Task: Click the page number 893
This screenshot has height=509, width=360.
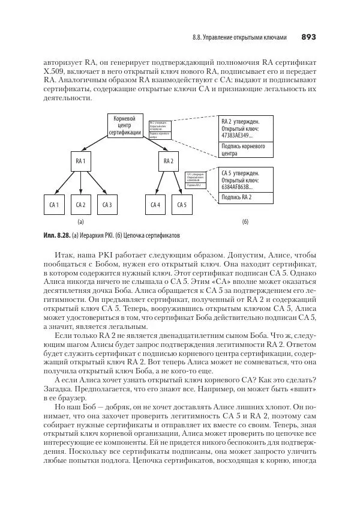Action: click(308, 37)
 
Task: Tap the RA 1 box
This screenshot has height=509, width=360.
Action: click(80, 161)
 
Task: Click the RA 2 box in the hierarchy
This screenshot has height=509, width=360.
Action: click(168, 161)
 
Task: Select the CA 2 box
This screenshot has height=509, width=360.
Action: click(80, 205)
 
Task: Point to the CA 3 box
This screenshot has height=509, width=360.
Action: click(107, 205)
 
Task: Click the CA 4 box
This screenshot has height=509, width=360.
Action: click(155, 205)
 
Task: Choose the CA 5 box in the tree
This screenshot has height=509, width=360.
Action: click(182, 205)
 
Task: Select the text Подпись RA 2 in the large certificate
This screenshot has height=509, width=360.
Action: click(236, 197)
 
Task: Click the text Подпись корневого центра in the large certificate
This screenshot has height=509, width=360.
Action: click(243, 149)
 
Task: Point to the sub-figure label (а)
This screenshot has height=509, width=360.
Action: click(80, 221)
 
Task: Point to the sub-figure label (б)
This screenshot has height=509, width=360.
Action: click(245, 221)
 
